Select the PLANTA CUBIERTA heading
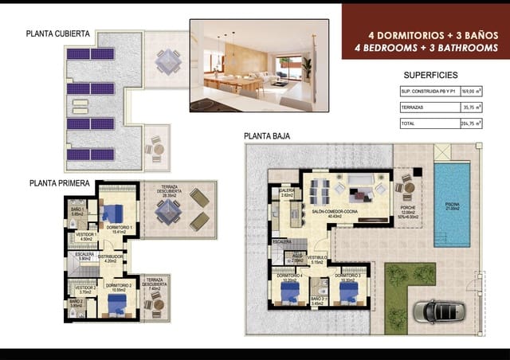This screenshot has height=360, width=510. (57, 34)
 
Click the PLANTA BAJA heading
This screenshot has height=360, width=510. (266, 136)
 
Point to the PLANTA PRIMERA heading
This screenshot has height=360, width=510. (58, 182)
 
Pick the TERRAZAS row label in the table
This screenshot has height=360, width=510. (413, 107)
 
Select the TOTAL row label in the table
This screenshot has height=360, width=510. (408, 123)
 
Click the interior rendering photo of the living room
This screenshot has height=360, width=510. (259, 65)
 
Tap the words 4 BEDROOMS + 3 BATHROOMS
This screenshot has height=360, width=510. (426, 48)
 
